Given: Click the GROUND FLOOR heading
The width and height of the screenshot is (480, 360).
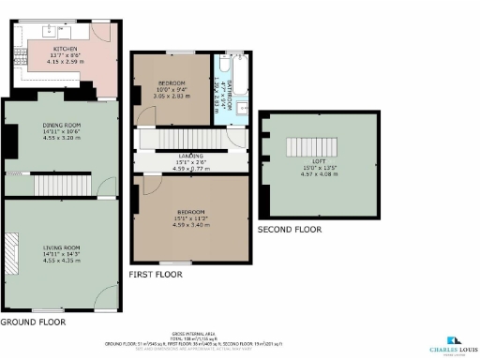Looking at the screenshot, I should click(x=33, y=322).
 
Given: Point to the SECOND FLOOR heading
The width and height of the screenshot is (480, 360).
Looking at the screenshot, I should click(x=290, y=229).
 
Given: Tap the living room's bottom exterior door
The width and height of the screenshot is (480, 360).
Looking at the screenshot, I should click(x=106, y=298).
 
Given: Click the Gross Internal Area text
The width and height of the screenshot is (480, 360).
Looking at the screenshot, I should click(x=240, y=336).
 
